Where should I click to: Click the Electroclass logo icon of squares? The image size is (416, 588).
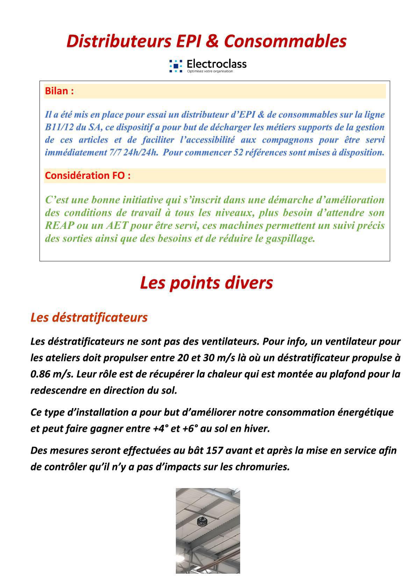[x=176, y=65]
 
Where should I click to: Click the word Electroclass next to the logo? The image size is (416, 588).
[x=216, y=64]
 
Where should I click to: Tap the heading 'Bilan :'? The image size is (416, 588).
[x=59, y=91]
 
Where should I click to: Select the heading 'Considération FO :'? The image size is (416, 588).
[x=88, y=175]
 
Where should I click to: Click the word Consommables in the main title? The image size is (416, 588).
[x=285, y=41]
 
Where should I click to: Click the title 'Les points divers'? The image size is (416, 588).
[x=206, y=282]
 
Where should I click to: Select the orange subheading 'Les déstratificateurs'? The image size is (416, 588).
[x=89, y=317]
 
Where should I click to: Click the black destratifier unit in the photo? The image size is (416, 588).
[x=202, y=522]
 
